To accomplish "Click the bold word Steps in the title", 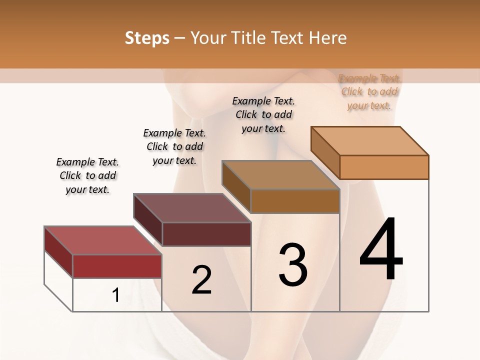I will [x=147, y=38].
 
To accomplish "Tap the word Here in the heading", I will [x=327, y=38].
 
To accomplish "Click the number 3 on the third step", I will [x=293, y=264].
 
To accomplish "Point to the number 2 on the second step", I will [x=201, y=279].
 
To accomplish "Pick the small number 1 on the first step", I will [x=116, y=295].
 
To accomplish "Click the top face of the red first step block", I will [x=102, y=240].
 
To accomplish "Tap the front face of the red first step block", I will [x=117, y=266].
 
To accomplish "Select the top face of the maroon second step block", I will [x=191, y=207].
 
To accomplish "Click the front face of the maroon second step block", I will [x=206, y=234].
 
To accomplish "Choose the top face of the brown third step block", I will [x=280, y=174].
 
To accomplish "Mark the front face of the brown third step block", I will [x=295, y=201].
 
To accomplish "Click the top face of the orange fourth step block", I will [x=370, y=140].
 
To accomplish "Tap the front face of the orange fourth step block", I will [x=384, y=167].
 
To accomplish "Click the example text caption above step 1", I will [x=87, y=175].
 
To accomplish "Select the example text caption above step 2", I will [x=174, y=146].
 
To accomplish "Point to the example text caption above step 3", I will [x=263, y=114].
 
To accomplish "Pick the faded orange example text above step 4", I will [x=369, y=92].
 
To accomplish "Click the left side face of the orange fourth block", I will [x=325, y=152].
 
